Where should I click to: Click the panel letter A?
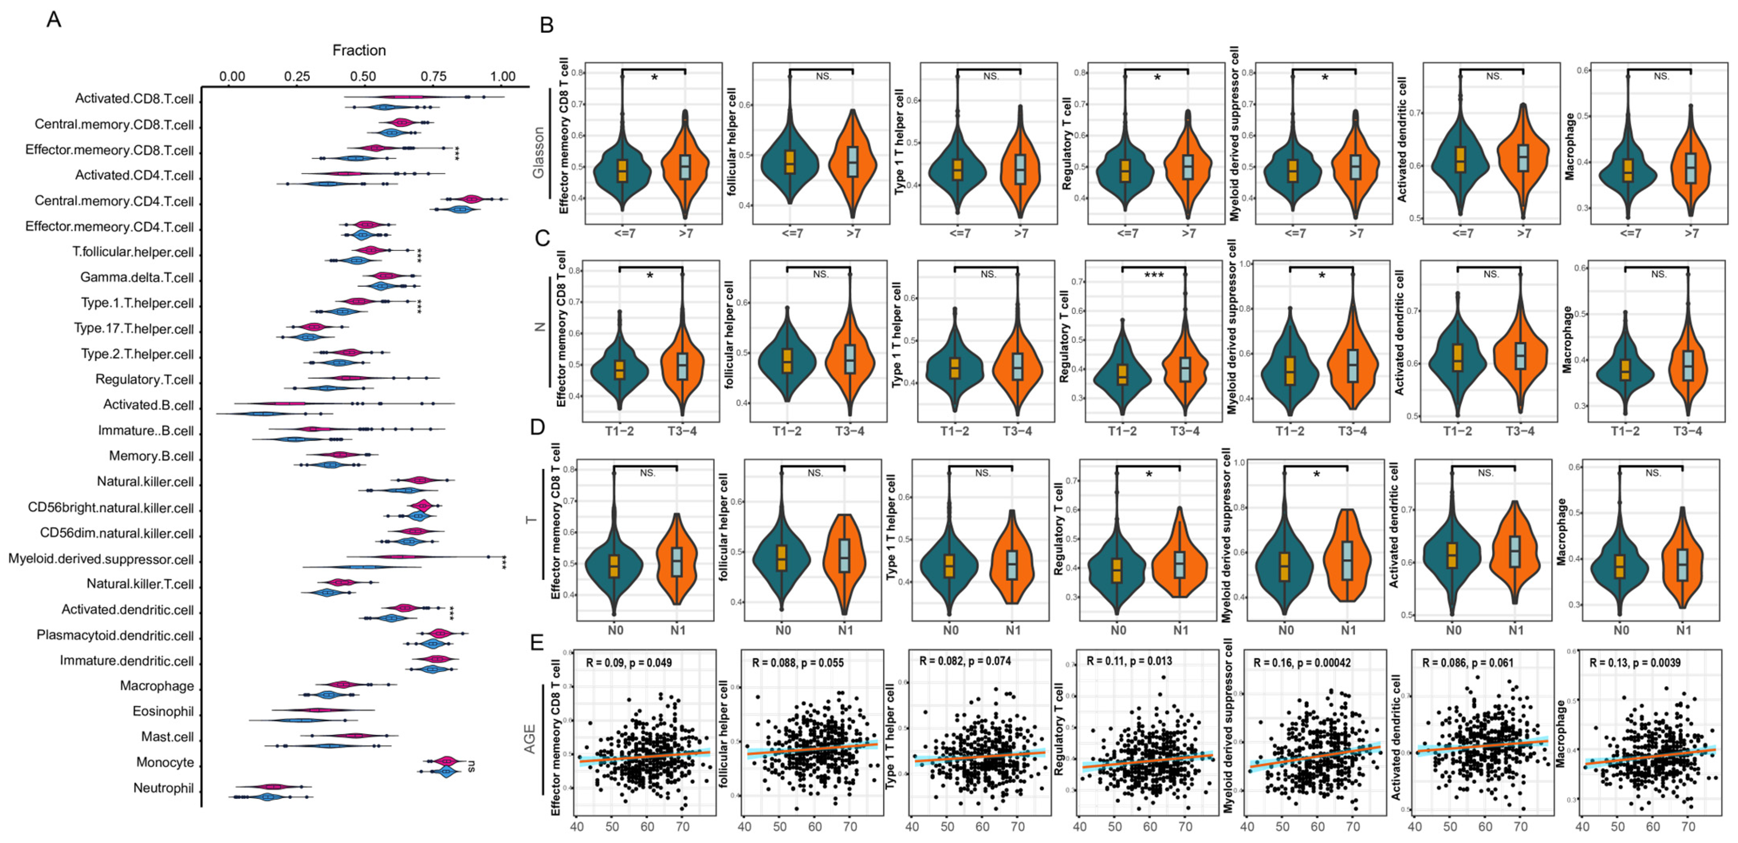[54, 19]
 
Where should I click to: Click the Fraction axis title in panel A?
[359, 50]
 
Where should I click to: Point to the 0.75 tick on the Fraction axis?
[434, 76]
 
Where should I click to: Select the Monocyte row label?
[165, 763]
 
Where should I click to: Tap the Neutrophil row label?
[163, 788]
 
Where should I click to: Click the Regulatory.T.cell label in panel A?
[144, 380]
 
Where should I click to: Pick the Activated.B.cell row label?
[148, 405]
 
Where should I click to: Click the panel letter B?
[547, 25]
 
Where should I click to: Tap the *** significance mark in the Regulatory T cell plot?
[1154, 276]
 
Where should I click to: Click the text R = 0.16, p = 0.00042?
[1302, 663]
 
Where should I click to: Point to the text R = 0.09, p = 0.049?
[629, 663]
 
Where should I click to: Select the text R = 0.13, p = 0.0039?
[1635, 663]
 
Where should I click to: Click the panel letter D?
[538, 427]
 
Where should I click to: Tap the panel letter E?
[537, 641]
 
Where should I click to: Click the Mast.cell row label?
[167, 737]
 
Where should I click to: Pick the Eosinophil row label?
[163, 712]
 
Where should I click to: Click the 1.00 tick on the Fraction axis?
[503, 76]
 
